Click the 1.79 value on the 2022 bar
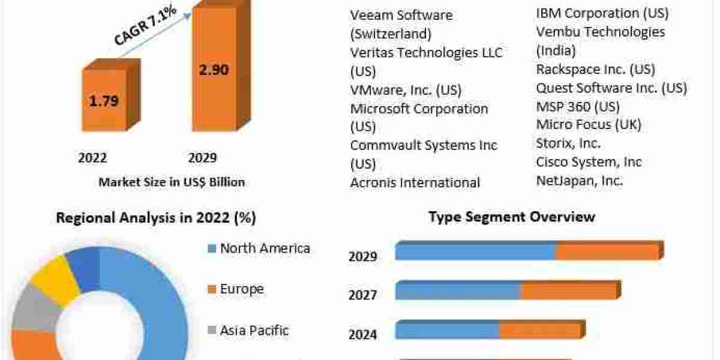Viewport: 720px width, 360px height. coord(104,101)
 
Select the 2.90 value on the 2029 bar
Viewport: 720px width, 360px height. coord(213,69)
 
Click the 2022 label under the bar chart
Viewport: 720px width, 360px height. coord(92,158)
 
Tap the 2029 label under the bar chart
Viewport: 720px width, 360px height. coord(202,158)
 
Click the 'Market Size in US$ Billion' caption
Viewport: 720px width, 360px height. coord(172,182)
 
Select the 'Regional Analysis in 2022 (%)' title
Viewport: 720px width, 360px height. coord(156,218)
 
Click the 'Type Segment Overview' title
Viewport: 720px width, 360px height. coord(512,217)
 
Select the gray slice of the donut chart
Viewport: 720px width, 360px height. coord(35,311)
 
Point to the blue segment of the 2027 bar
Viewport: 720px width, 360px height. coord(458,292)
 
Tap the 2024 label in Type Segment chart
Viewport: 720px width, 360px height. coord(363,334)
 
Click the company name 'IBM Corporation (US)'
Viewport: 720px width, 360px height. coord(602,13)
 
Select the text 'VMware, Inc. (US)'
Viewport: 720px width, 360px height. coord(406,91)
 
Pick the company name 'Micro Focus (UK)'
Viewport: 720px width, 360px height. coord(589,125)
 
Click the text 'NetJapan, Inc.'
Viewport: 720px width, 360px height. coord(580,180)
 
